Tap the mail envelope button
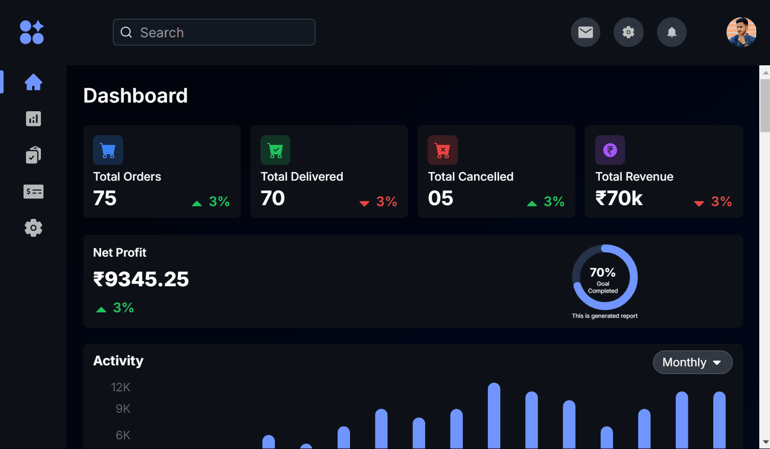point(585,32)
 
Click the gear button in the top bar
point(628,32)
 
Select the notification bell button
point(671,32)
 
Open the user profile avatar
point(741,32)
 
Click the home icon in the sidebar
point(33,82)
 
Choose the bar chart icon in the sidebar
point(33,119)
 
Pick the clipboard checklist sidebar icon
point(33,155)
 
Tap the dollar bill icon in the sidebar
point(33,192)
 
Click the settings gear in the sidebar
point(33,228)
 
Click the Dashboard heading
point(135,96)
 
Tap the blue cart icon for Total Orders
point(108,150)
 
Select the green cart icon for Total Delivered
point(275,150)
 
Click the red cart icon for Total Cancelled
point(442,150)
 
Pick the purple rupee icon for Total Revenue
point(610,150)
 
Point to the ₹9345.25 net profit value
point(141,280)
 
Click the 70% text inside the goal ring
point(602,272)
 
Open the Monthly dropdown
point(692,362)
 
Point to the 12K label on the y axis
point(121,387)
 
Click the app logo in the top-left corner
point(32,32)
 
